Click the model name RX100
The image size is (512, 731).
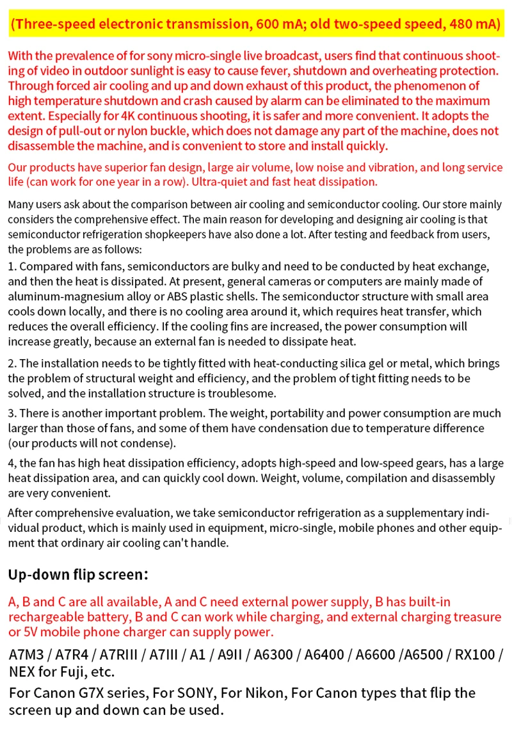(474, 655)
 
